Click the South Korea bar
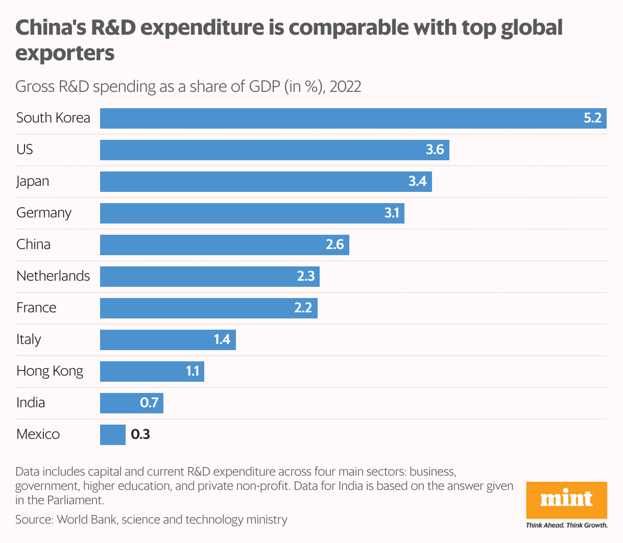[352, 118]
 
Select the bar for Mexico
[113, 435]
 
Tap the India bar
[131, 403]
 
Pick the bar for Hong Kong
[152, 372]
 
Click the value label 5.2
[592, 118]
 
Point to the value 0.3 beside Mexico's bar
[140, 434]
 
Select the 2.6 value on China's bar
[335, 244]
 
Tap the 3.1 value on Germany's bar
[392, 213]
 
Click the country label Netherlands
[53, 276]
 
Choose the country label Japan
[33, 181]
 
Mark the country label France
[36, 308]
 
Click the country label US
[25, 150]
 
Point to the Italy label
[29, 339]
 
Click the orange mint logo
[567, 499]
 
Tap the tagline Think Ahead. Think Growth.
[567, 525]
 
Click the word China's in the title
[51, 28]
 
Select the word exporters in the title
[65, 53]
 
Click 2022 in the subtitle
[345, 86]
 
